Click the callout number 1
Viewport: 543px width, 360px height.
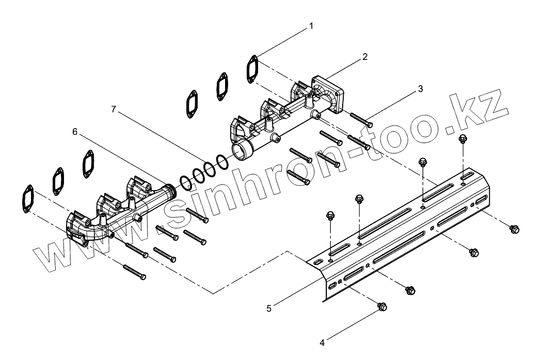[311, 25]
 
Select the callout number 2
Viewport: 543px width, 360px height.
[364, 57]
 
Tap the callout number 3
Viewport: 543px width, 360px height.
[420, 88]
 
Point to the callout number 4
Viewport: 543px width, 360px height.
[322, 342]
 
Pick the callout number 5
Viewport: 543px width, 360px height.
[268, 308]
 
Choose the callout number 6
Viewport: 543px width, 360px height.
[75, 132]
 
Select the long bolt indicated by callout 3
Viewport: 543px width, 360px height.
[361, 119]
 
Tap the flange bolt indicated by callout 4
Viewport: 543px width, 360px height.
[382, 307]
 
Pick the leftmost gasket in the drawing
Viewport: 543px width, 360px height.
[27, 197]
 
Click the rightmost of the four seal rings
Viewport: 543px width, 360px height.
[222, 163]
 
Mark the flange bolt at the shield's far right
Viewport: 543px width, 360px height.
[513, 229]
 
